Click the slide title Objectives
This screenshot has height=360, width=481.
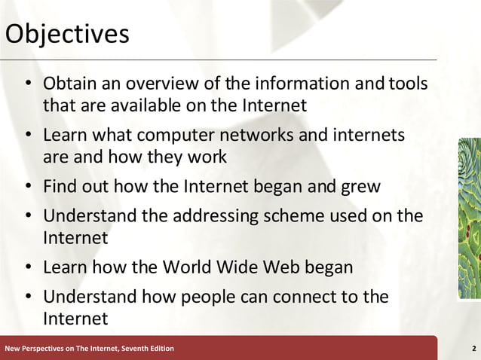click(66, 35)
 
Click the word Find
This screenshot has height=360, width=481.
click(61, 185)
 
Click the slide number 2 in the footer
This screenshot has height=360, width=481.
click(473, 348)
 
